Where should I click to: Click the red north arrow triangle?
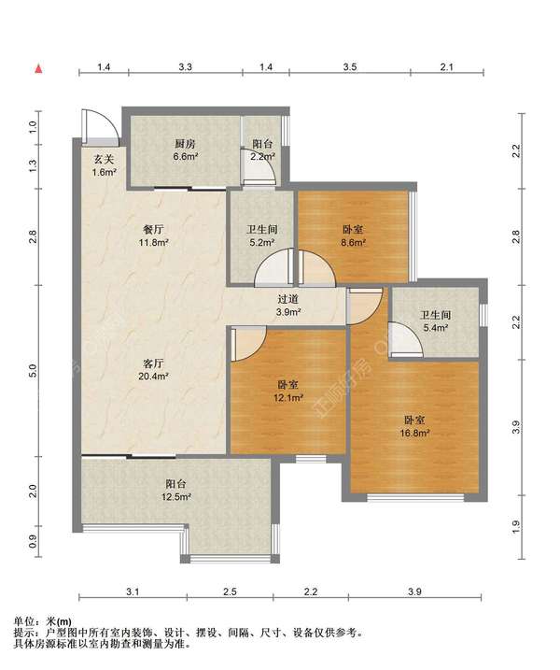[38, 68]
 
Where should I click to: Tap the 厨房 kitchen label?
[185, 144]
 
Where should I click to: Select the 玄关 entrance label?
[105, 160]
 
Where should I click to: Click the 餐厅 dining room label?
[153, 230]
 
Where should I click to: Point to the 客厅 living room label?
[153, 364]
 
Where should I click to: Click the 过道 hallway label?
[287, 300]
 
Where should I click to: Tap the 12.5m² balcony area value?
[175, 497]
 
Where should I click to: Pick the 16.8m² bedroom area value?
[414, 433]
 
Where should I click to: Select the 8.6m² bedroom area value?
[353, 242]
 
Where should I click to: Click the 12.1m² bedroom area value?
[288, 398]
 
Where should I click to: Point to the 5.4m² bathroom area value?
[435, 328]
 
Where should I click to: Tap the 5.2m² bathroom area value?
[262, 242]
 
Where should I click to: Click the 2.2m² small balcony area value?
[262, 156]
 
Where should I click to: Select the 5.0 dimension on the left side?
[35, 370]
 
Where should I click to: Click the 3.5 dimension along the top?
[350, 66]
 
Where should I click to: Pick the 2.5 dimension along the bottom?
[230, 592]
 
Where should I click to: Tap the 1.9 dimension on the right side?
[516, 526]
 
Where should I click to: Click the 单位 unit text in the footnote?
[24, 621]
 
